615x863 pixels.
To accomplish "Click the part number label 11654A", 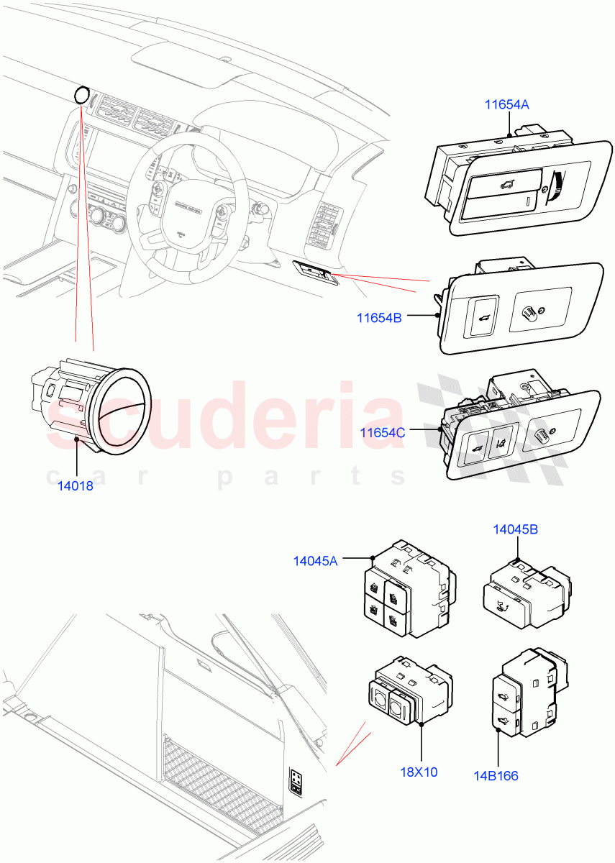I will click(506, 105).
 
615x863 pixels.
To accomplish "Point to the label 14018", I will click(76, 485).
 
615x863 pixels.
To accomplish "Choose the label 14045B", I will click(515, 530).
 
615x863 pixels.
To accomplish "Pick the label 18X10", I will click(419, 772).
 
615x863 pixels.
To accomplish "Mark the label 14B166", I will click(497, 776).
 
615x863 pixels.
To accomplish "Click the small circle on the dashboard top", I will click(83, 95).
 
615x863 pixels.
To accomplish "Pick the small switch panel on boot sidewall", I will click(296, 780).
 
